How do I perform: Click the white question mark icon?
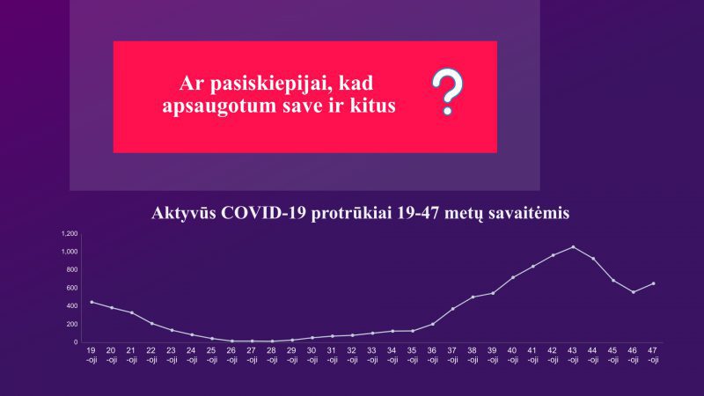click(x=447, y=92)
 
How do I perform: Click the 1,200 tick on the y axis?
click(x=70, y=234)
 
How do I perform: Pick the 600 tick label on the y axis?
click(x=72, y=288)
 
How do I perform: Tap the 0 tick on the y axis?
click(x=76, y=342)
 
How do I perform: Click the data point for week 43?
click(x=573, y=247)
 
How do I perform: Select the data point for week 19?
click(x=92, y=302)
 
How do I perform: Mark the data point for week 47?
click(x=653, y=283)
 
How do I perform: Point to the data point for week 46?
click(x=633, y=292)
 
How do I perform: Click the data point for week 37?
click(x=452, y=309)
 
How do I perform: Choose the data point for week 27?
click(x=252, y=341)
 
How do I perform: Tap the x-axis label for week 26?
click(x=231, y=355)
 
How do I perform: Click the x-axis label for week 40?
click(x=512, y=355)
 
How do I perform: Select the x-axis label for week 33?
click(x=371, y=355)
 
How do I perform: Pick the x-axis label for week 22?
click(x=151, y=355)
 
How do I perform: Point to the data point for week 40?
click(x=513, y=277)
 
